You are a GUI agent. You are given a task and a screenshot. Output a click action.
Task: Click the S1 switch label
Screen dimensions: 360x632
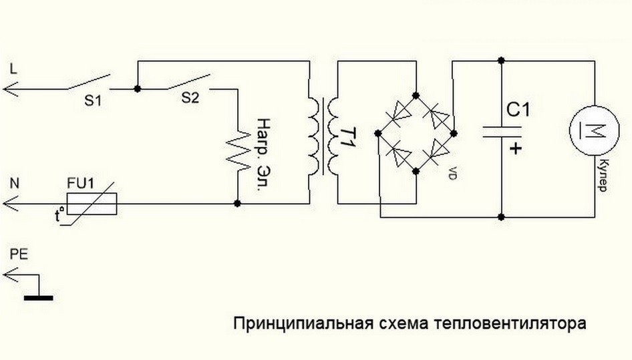pos(94,101)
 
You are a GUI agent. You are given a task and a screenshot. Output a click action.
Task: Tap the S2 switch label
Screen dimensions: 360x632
pos(190,98)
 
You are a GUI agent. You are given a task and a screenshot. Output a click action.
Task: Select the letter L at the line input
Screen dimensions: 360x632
pos(13,68)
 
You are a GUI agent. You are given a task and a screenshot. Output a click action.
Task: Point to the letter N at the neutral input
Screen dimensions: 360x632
pos(14,182)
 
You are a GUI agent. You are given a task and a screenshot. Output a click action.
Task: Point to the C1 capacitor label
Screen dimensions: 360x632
pos(518,108)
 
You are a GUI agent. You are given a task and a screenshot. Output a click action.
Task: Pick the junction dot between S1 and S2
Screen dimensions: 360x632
pos(136,87)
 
